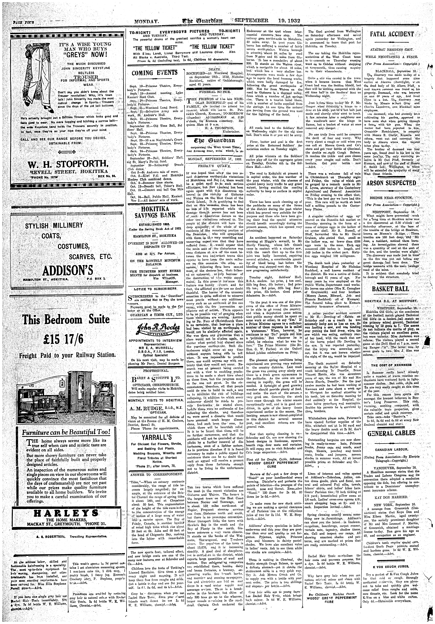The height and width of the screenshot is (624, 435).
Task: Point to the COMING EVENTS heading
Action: (x=154, y=73)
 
